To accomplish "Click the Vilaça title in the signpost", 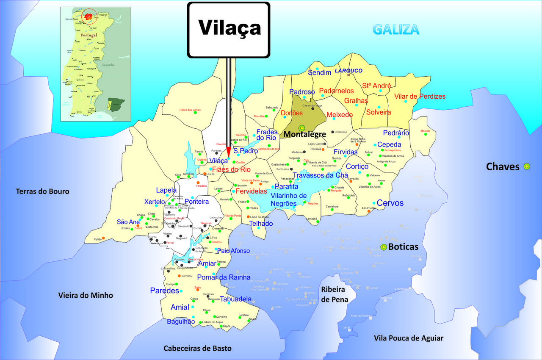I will tap(229, 28).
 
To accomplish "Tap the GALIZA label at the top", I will tap(396, 30).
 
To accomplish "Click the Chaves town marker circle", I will tap(527, 166).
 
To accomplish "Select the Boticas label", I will tap(403, 247).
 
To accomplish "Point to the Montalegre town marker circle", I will tap(301, 128).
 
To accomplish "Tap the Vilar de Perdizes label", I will tap(420, 97).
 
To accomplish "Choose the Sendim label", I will tap(319, 73).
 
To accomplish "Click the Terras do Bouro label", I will tap(42, 191).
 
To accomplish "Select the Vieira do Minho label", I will tap(86, 295).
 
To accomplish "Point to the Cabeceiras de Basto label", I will tap(198, 348).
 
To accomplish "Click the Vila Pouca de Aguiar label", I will tap(409, 338).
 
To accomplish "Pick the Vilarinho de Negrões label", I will tap(288, 199).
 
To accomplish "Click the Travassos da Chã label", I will tap(320, 175).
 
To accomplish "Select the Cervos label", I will tap(390, 203).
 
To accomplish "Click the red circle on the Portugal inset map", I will tap(89, 17).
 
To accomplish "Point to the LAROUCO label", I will tap(348, 70).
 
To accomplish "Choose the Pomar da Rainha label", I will tap(224, 277).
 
